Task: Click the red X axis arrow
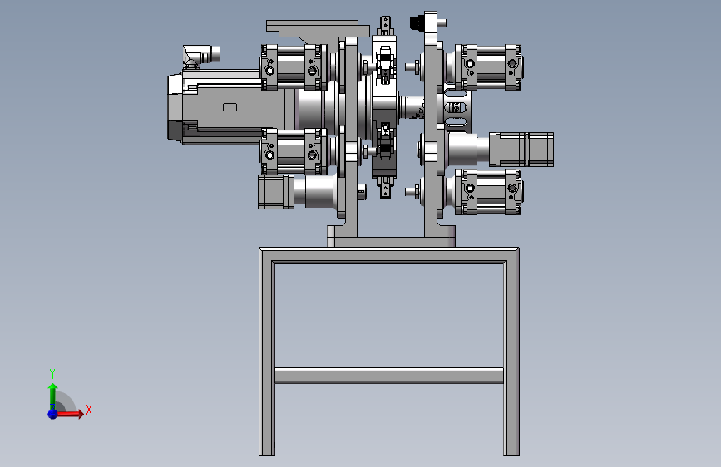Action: tap(69, 414)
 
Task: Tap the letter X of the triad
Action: tap(89, 410)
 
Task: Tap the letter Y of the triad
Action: tap(52, 373)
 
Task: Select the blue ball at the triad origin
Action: tap(52, 414)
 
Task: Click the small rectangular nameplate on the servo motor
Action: tap(230, 107)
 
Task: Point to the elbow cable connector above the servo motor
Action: tap(200, 55)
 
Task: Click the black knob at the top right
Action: tap(417, 22)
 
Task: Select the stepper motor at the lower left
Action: tap(276, 191)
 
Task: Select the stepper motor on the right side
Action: tap(521, 150)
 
